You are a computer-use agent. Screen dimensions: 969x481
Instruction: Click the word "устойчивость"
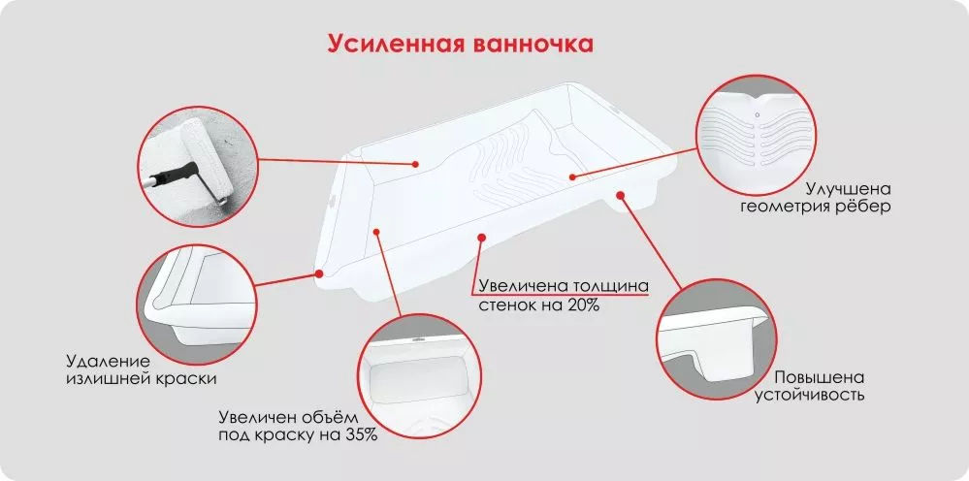[809, 395]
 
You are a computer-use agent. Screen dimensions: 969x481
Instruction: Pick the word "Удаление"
[108, 361]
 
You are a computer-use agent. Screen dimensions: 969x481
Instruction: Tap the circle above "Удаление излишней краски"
[197, 305]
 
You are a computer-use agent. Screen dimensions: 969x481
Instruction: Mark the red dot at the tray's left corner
[319, 274]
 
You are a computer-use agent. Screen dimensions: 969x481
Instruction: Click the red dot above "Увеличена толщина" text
[483, 236]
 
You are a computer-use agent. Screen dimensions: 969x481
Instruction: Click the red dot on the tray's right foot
[621, 195]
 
